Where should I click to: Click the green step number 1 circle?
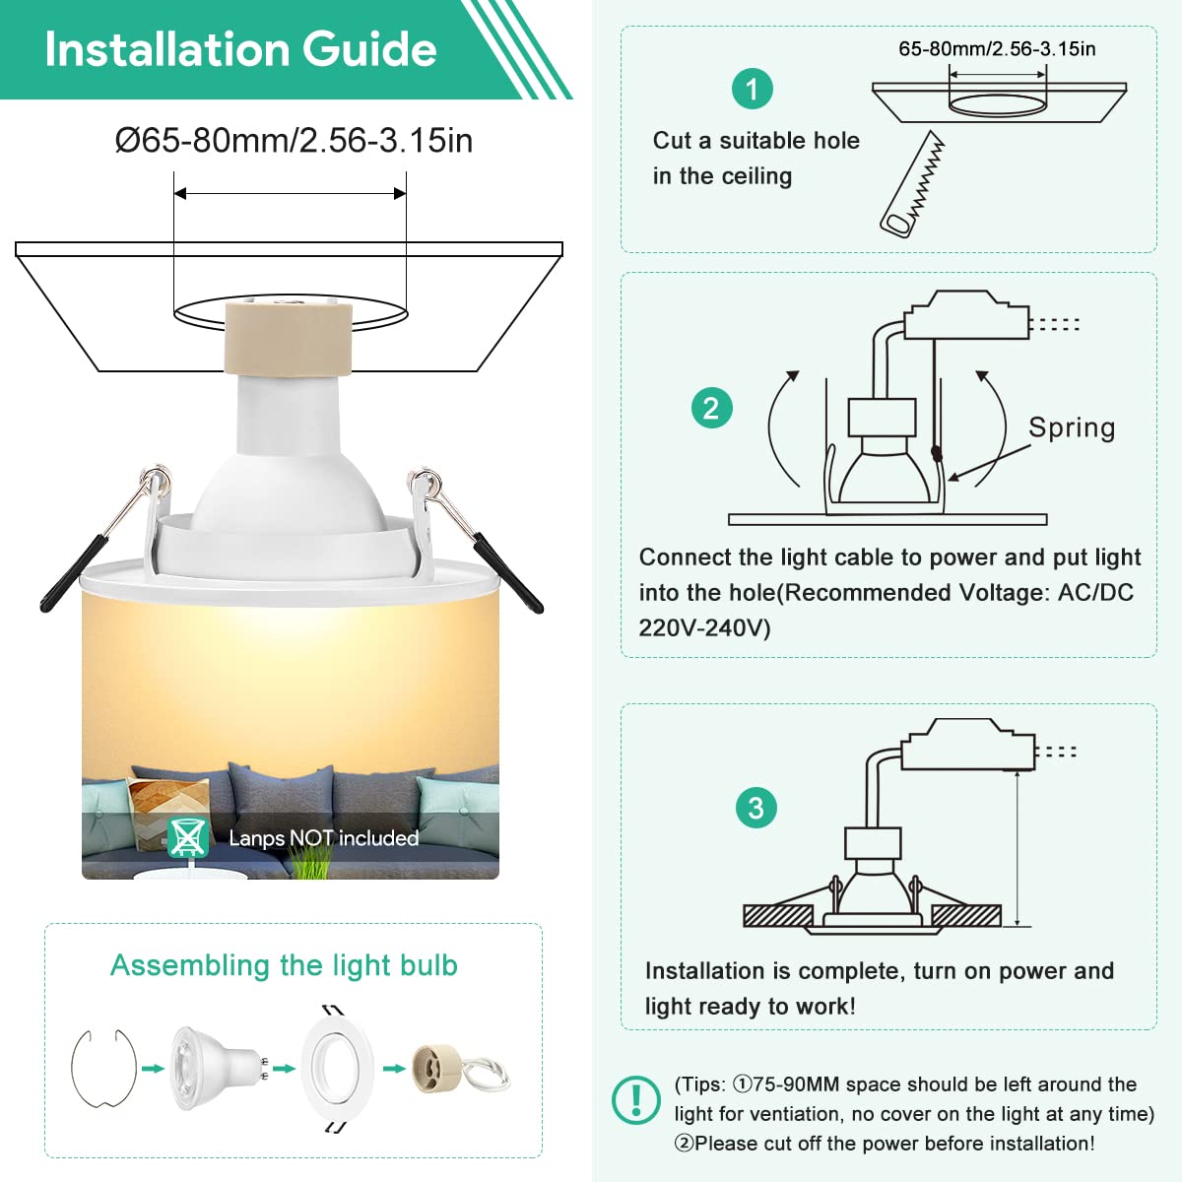pyautogui.click(x=752, y=89)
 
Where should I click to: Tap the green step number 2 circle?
pyautogui.click(x=711, y=408)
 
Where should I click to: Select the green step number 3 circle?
pyautogui.click(x=755, y=808)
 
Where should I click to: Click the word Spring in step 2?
pyautogui.click(x=1072, y=428)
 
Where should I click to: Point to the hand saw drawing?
pyautogui.click(x=913, y=184)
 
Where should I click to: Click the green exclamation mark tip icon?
pyautogui.click(x=636, y=1100)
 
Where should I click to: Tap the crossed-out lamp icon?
pyautogui.click(x=188, y=836)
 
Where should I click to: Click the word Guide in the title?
pyautogui.click(x=369, y=49)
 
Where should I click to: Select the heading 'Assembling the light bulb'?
pyautogui.click(x=284, y=965)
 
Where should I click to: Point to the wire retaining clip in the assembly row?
pyautogui.click(x=104, y=1068)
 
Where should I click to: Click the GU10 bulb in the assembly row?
pyautogui.click(x=219, y=1069)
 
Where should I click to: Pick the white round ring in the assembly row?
pyautogui.click(x=337, y=1068)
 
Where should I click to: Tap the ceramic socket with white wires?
pyautogui.click(x=460, y=1069)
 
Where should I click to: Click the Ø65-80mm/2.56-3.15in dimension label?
pyautogui.click(x=294, y=141)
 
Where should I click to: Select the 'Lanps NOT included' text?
pyautogui.click(x=324, y=838)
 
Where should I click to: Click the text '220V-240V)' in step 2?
pyautogui.click(x=704, y=628)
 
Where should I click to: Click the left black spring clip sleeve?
pyautogui.click(x=74, y=574)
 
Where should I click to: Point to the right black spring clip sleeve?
pyautogui.click(x=508, y=572)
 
